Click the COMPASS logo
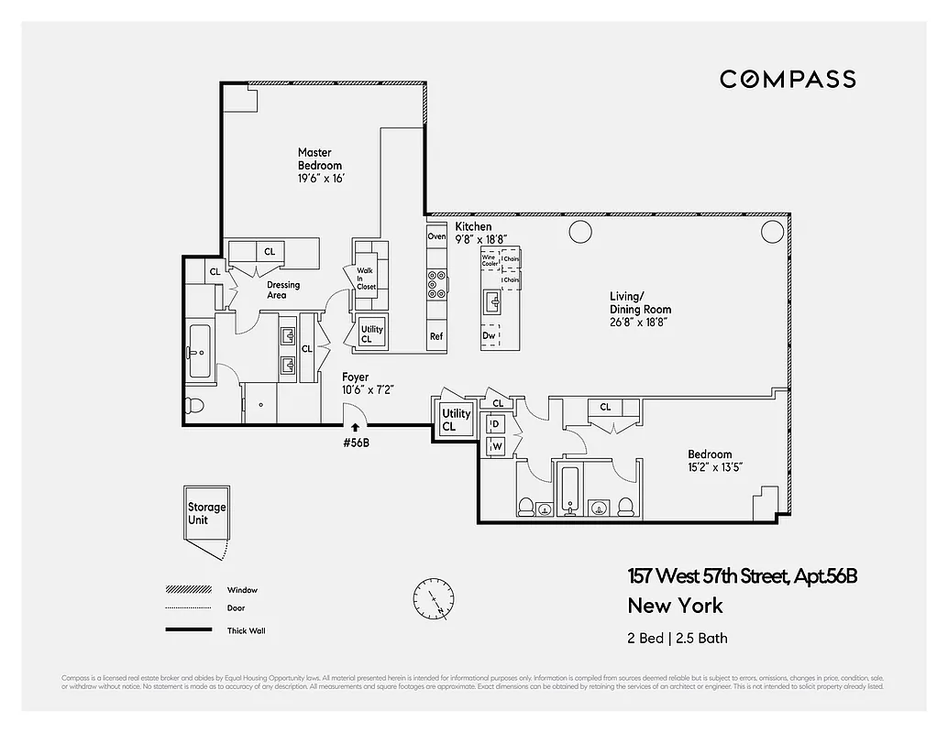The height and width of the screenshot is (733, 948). point(788,79)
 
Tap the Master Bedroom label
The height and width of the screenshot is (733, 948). point(320,159)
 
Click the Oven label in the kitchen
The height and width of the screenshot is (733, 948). point(436,236)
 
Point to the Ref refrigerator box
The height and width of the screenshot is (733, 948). point(436,336)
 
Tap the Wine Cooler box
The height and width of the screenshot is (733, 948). point(490,260)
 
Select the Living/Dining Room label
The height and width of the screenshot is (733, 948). point(640,302)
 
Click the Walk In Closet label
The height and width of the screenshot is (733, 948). point(366,279)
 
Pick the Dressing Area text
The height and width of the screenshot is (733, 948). point(283,290)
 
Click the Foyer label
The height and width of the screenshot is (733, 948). point(356,377)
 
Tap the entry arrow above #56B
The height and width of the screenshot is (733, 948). point(356,427)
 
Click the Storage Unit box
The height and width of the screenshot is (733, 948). point(206,513)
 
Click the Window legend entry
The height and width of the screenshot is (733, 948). point(242,590)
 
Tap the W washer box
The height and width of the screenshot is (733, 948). point(497,446)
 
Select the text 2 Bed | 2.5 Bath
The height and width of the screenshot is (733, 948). point(678,638)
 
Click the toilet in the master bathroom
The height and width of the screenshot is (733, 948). point(195,406)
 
